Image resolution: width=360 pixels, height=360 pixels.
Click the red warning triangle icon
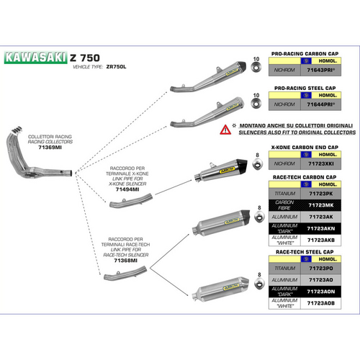click(x=226, y=130)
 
